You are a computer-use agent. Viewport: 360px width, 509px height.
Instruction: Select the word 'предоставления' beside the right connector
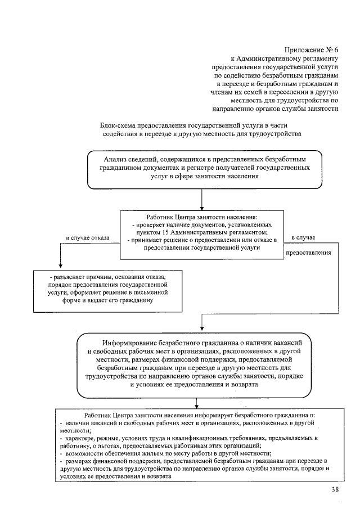point(309,253)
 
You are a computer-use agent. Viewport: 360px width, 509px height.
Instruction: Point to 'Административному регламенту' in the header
point(288,58)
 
